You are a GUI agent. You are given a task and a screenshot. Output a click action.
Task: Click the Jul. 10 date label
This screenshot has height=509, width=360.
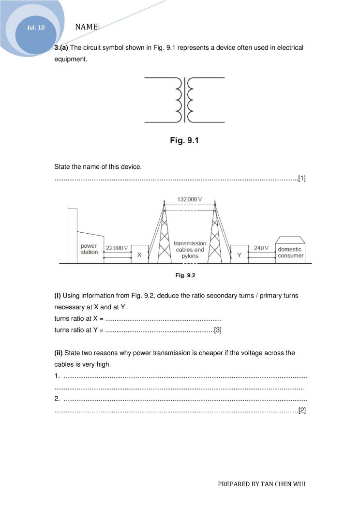35,28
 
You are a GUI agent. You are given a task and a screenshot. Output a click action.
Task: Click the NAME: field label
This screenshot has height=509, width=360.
88,27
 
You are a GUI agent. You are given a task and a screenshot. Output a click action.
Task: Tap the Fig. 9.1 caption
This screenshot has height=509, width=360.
184,140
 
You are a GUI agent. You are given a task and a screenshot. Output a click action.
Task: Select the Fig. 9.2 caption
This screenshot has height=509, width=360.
185,275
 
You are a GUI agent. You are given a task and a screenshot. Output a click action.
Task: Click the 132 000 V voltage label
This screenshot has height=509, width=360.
189,199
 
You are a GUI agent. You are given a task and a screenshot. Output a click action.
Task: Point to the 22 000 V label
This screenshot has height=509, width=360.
117,248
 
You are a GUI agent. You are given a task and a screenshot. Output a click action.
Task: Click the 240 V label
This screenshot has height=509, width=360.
261,248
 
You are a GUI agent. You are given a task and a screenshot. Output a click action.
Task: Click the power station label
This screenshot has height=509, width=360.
89,249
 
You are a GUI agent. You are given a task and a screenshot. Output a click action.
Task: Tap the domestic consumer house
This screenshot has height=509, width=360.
290,250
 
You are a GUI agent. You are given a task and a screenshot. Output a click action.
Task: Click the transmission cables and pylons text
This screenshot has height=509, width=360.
190,250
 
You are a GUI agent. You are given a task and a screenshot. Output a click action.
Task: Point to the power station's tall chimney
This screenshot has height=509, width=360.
73,236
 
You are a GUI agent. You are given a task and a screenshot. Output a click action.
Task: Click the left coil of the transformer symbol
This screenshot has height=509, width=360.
178,100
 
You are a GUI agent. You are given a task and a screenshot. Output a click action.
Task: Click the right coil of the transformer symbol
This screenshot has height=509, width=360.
191,100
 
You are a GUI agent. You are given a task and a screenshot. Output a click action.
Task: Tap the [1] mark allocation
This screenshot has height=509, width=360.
302,179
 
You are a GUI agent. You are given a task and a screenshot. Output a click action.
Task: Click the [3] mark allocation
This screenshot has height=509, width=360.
217,330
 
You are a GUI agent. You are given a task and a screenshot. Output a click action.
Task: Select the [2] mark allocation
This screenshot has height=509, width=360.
302,410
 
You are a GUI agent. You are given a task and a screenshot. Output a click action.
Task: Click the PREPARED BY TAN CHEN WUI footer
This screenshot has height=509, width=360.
261,484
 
